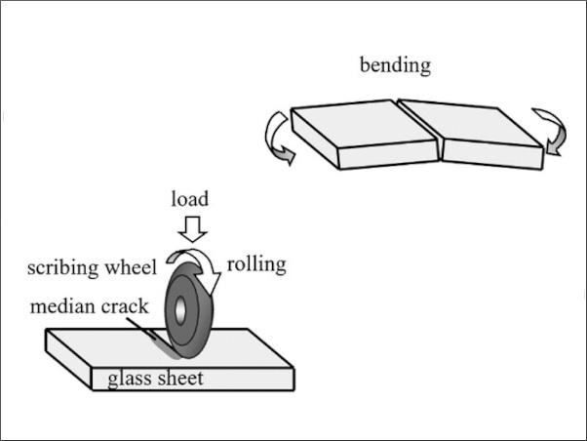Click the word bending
coord(395,66)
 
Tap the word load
coord(190,199)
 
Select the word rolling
coord(256,263)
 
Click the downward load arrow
coord(193,229)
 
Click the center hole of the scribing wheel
coord(181,309)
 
